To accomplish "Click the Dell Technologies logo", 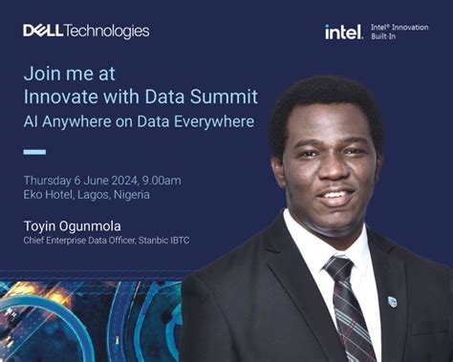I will coord(86,31).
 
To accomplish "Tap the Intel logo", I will coord(343,32).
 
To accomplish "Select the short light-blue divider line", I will coord(34,152).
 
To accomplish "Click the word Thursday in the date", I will coord(50,181).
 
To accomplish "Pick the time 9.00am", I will coord(186,181).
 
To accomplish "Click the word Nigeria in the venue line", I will coord(130,195).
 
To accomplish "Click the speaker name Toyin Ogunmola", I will coord(81,225).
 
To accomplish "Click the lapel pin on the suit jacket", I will coord(392,300).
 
